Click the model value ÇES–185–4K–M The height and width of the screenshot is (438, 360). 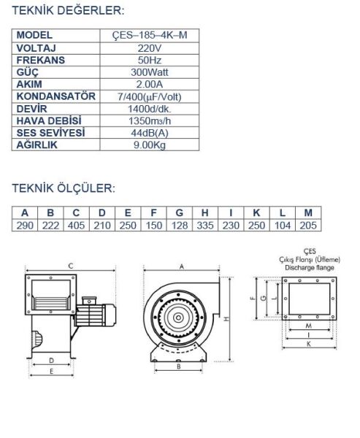pyautogui.click(x=150, y=35)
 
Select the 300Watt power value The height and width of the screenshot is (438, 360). pyautogui.click(x=150, y=72)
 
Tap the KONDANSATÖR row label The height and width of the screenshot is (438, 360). pyautogui.click(x=56, y=96)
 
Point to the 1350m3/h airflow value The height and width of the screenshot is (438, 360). pyautogui.click(x=150, y=121)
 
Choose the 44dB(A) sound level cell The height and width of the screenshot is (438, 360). pyautogui.click(x=150, y=133)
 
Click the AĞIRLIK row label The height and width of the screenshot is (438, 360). pyautogui.click(x=37, y=145)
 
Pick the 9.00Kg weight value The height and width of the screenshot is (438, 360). pyautogui.click(x=150, y=145)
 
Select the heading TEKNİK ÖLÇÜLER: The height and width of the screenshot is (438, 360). pyautogui.click(x=64, y=188)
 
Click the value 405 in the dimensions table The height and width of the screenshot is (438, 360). pyautogui.click(x=76, y=225)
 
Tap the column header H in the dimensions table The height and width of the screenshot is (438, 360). pyautogui.click(x=205, y=213)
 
